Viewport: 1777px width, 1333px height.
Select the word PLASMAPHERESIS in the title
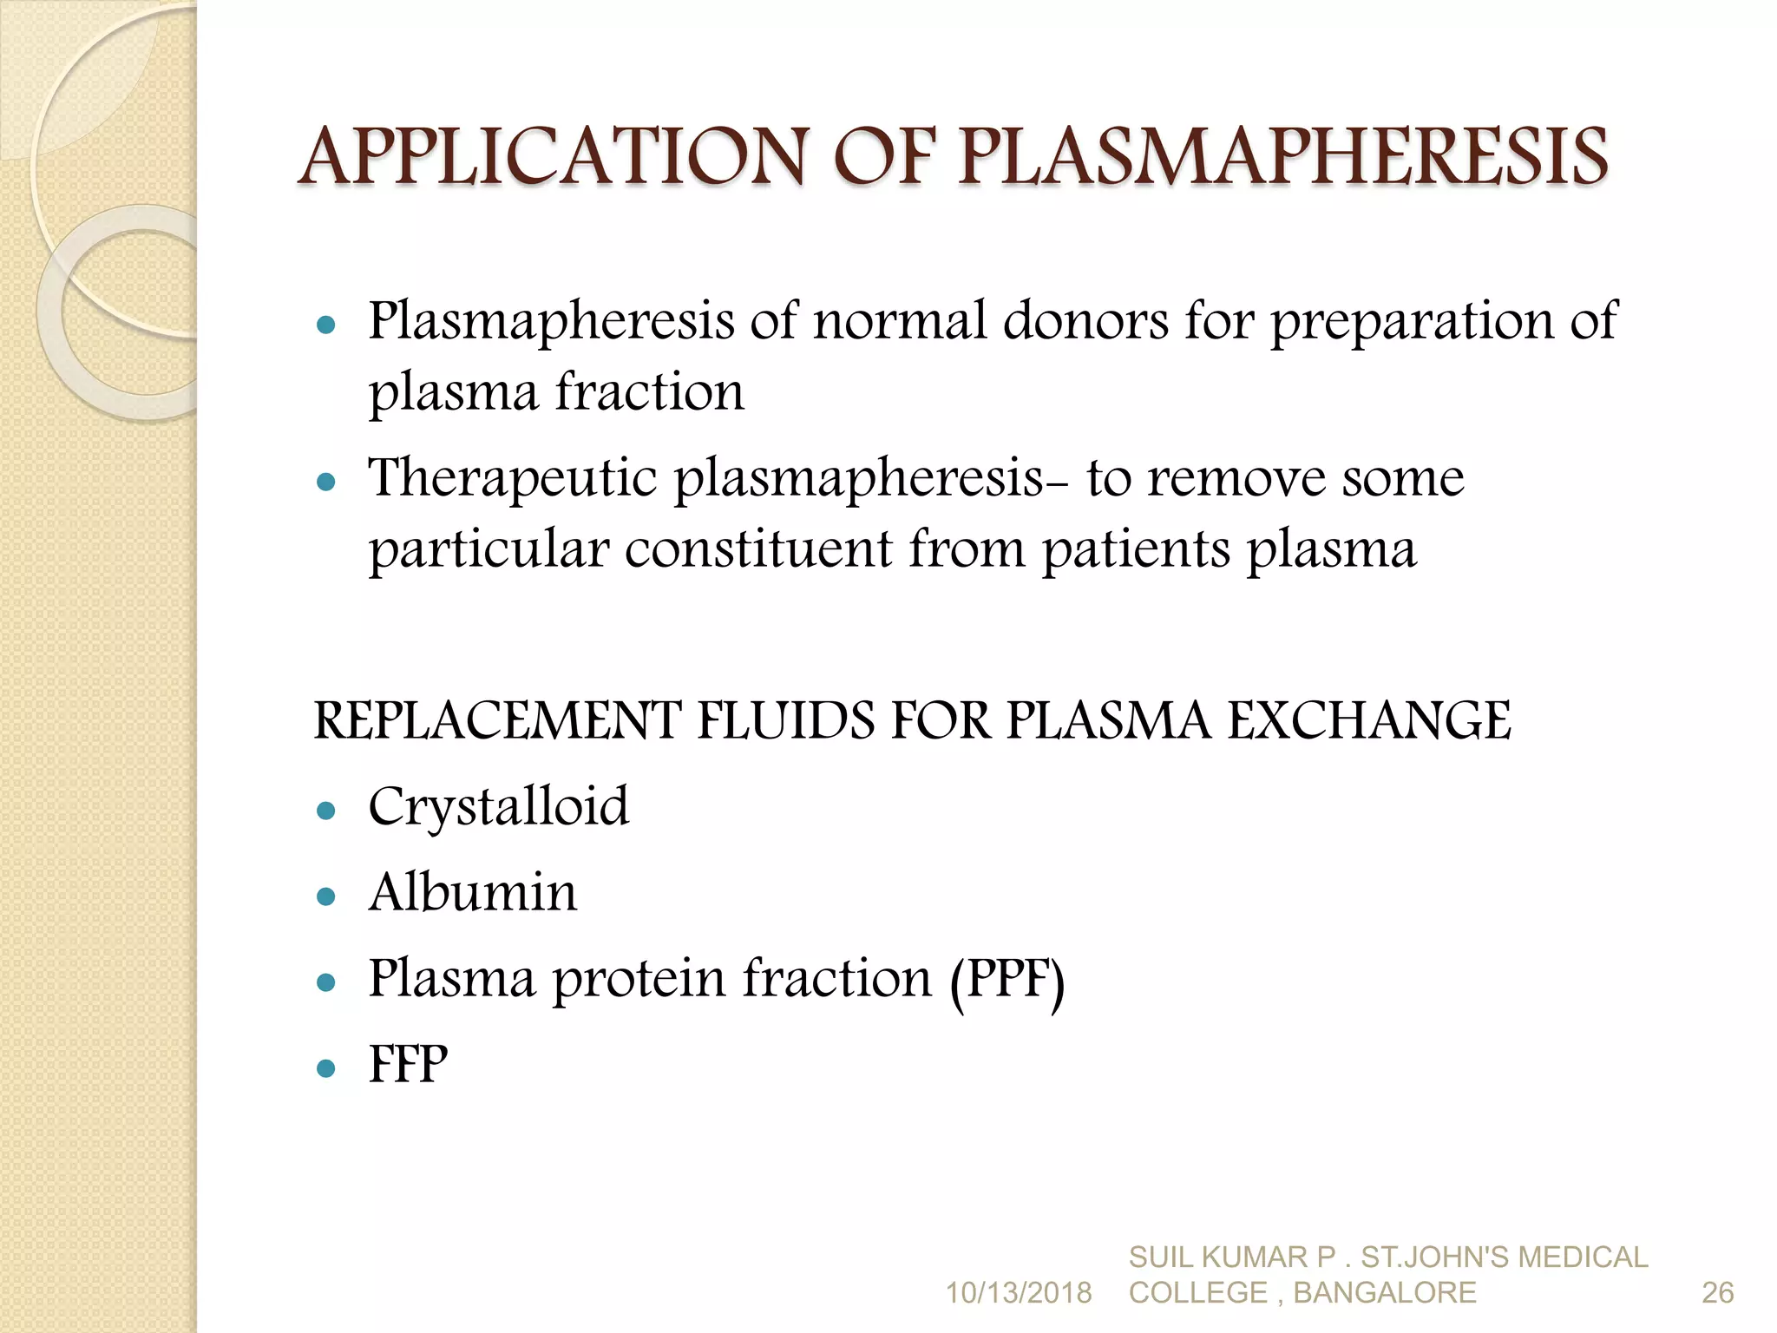click(x=1282, y=158)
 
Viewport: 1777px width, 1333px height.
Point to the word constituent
click(x=758, y=550)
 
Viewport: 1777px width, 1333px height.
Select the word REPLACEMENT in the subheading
click(x=498, y=721)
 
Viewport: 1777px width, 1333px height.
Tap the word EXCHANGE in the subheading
click(x=1369, y=721)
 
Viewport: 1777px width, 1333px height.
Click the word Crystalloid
click(x=498, y=808)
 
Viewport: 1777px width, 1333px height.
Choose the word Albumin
click(x=473, y=893)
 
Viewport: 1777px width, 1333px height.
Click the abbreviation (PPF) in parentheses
click(x=1007, y=981)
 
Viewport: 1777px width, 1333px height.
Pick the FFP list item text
click(x=408, y=1065)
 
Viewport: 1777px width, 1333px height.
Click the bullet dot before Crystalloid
click(x=326, y=811)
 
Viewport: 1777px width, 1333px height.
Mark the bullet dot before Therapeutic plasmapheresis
click(x=326, y=482)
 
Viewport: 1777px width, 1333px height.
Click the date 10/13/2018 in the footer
click(x=1018, y=1293)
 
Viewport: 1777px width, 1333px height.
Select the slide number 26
click(x=1717, y=1293)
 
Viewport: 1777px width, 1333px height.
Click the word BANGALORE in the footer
click(x=1385, y=1293)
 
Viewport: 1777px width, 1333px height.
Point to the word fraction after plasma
click(x=649, y=392)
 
